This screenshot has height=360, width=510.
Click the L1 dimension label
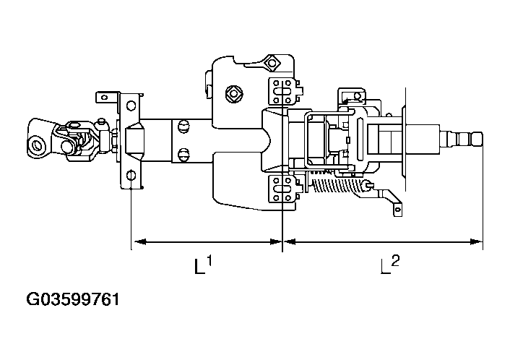[202, 265]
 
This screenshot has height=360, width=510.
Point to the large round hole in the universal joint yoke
[35, 144]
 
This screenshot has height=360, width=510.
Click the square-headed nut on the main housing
[233, 93]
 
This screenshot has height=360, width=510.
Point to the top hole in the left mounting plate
[130, 106]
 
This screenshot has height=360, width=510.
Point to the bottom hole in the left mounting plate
[130, 176]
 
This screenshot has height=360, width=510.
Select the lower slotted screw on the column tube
[182, 154]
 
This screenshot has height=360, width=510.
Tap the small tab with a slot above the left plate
[106, 95]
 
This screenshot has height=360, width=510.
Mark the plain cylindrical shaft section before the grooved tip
[425, 137]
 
